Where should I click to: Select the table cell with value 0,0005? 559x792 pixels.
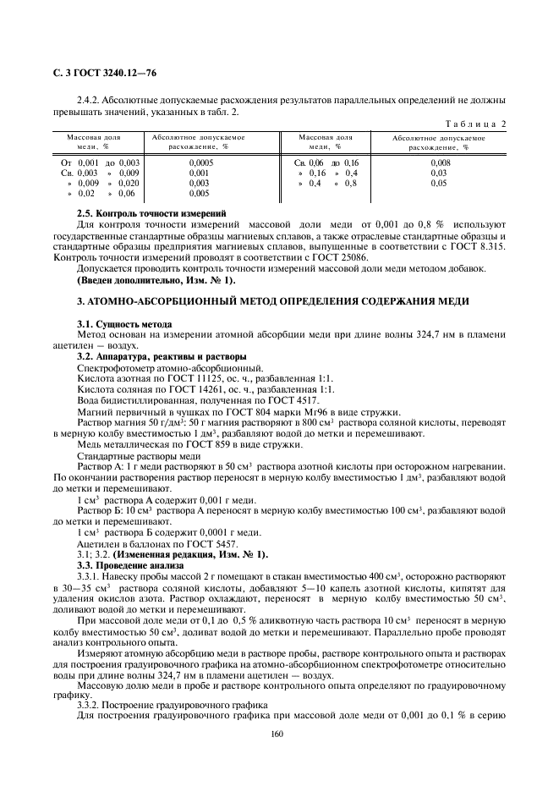click(200, 161)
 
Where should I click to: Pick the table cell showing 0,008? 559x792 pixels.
click(440, 161)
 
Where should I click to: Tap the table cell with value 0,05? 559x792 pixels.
click(439, 182)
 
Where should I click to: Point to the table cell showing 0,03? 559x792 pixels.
click(439, 172)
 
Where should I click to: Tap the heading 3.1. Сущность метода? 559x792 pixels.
click(124, 324)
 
